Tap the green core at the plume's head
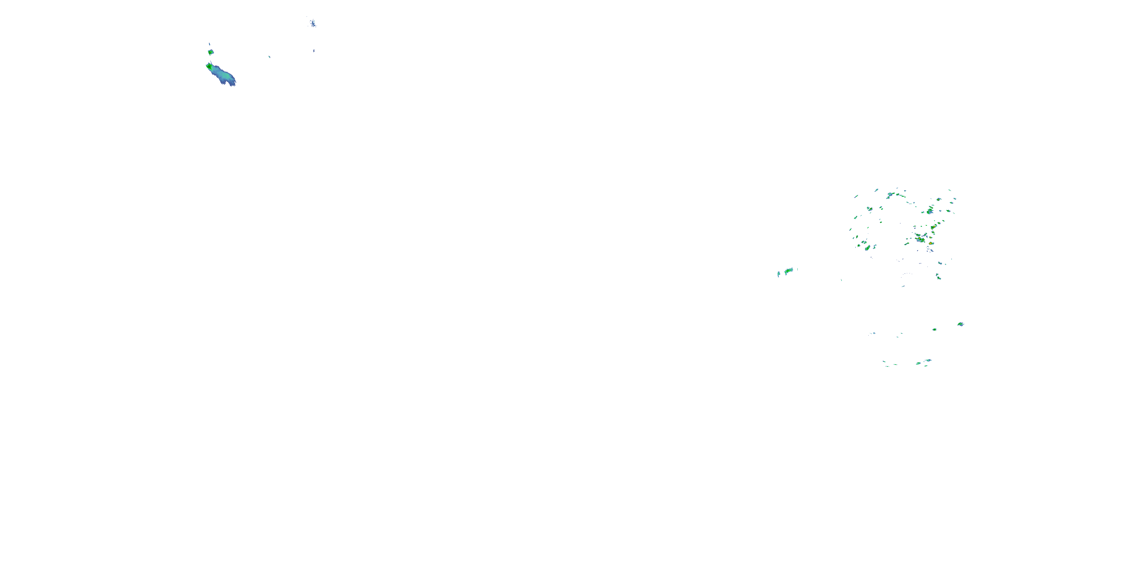click(x=209, y=67)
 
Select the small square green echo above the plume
click(x=210, y=52)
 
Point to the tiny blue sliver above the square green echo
click(x=209, y=44)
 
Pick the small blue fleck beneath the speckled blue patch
click(x=313, y=51)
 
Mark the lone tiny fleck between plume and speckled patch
click(x=269, y=57)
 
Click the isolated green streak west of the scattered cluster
click(x=789, y=270)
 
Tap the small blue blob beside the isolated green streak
click(x=779, y=274)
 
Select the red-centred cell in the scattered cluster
click(x=930, y=243)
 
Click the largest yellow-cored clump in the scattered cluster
click(x=920, y=240)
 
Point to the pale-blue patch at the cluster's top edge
click(x=891, y=194)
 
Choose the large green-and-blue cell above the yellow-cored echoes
click(x=930, y=210)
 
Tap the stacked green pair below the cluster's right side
click(x=938, y=277)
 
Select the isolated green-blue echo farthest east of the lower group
click(x=960, y=324)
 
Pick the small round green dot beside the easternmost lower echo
click(x=934, y=329)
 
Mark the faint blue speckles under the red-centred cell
click(x=929, y=251)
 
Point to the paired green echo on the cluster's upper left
click(x=869, y=208)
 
